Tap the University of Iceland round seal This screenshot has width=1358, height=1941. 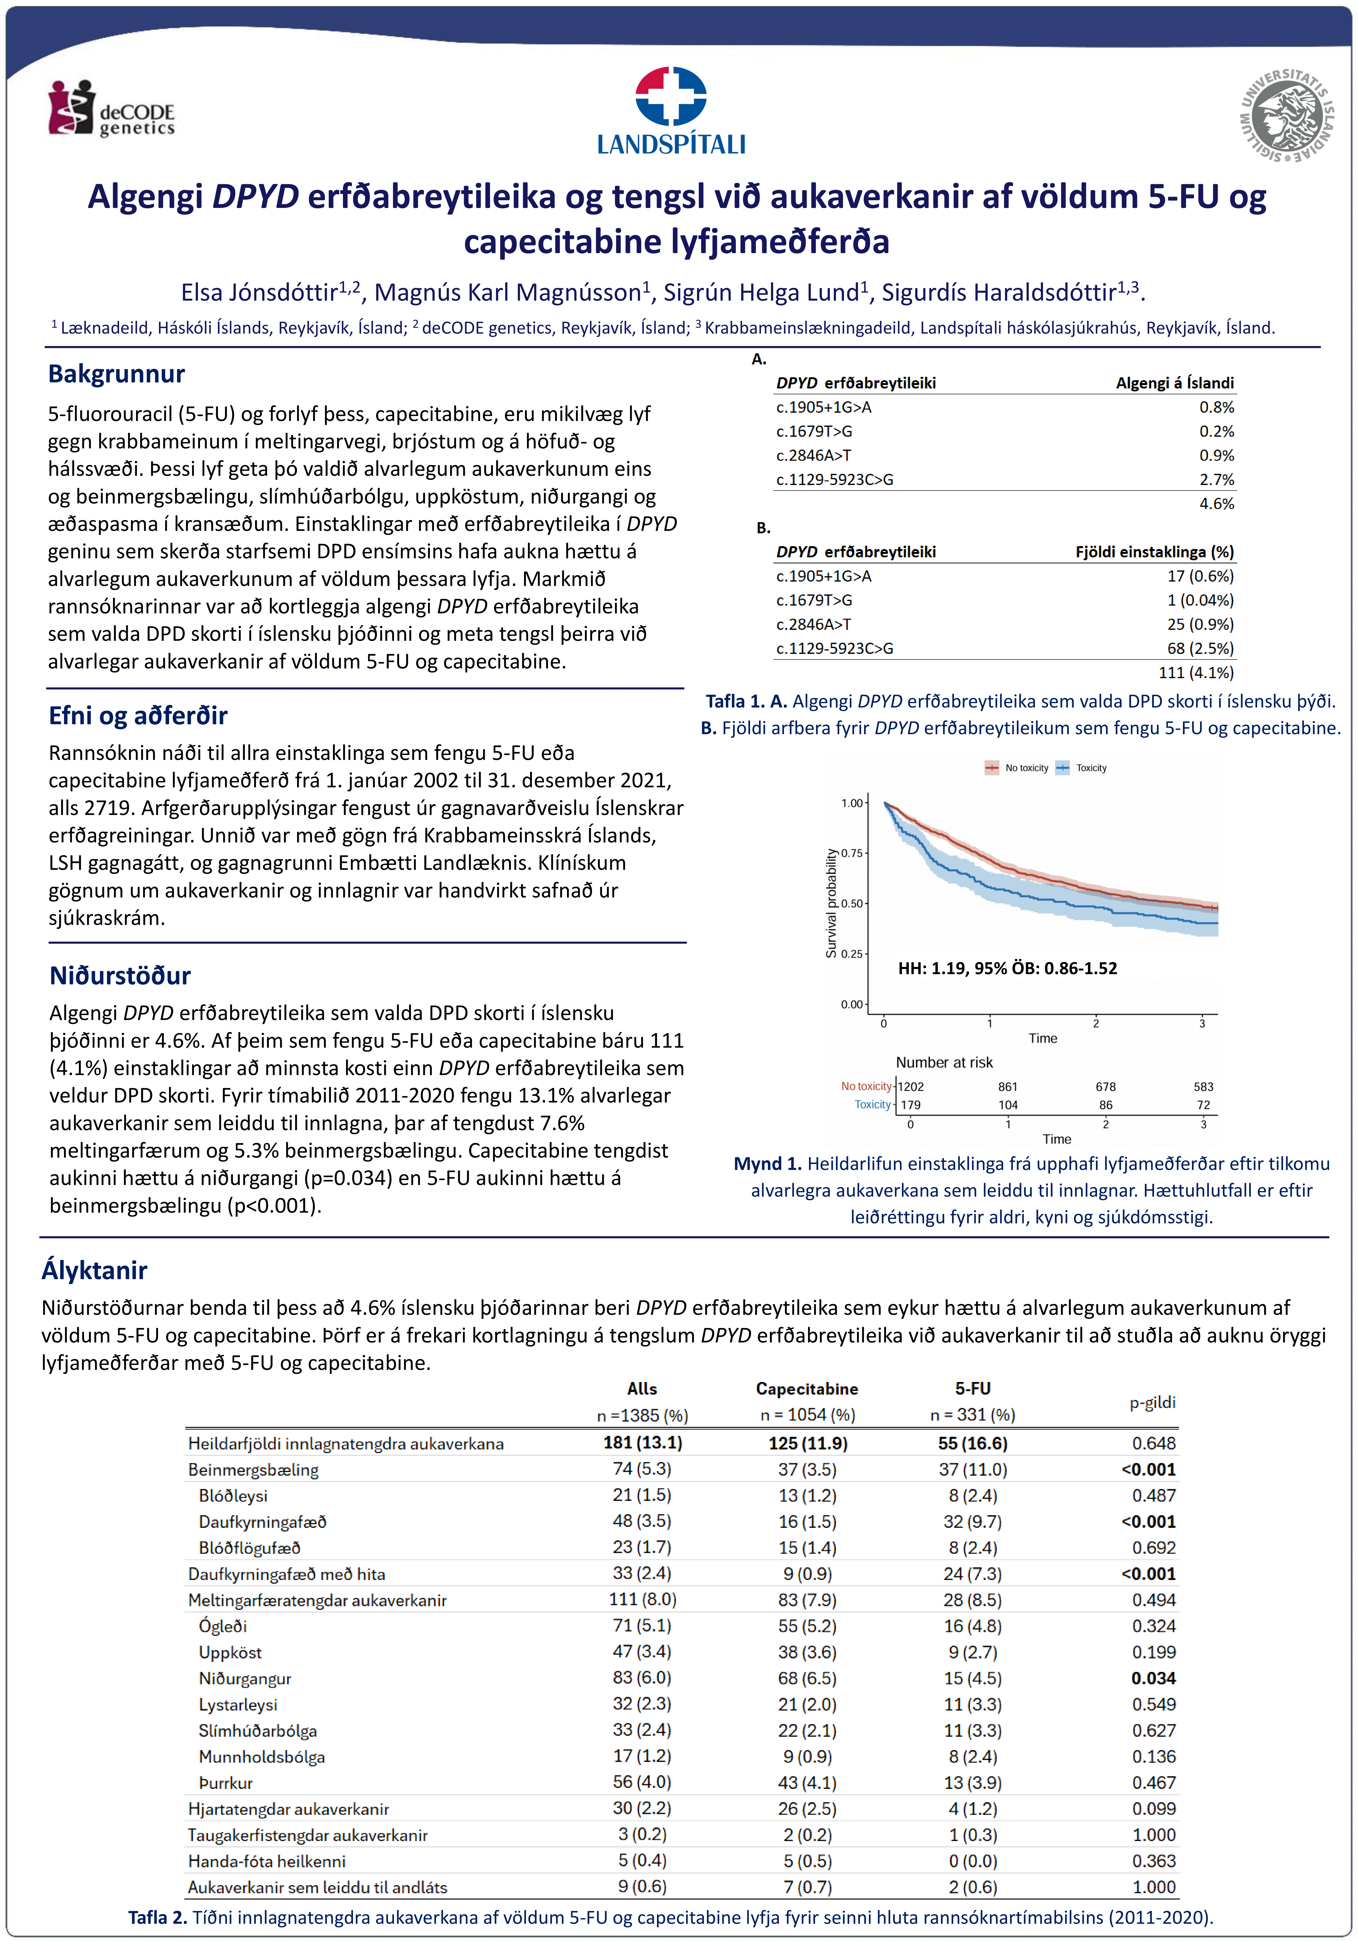1286,116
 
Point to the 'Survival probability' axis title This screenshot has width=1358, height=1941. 831,903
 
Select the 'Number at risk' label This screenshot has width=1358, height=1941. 944,1063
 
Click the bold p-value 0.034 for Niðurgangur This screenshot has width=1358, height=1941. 1154,1678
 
